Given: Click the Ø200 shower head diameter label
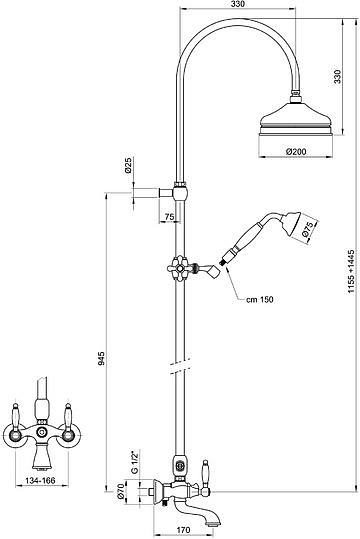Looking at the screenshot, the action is [296, 151].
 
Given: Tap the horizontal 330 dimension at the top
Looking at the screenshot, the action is [238, 4].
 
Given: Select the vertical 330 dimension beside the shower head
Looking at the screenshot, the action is [338, 76].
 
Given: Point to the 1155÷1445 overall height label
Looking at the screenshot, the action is [351, 271].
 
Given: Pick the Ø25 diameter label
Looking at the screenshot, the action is [128, 165].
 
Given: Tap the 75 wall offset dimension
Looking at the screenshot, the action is [169, 217].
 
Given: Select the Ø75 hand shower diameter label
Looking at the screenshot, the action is [307, 230].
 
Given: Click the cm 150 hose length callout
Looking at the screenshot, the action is [260, 299].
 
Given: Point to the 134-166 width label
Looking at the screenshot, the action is [41, 480].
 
